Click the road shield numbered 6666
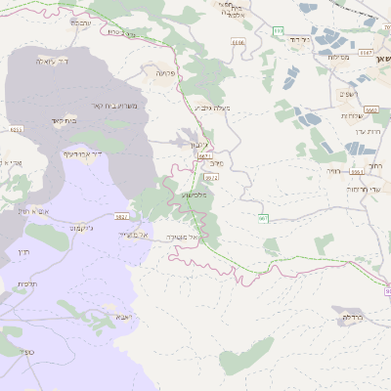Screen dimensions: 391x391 coord(238,42)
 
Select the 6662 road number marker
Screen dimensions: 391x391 coord(370,109)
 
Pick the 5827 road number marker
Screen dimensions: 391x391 coord(122,214)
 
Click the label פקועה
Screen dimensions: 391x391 coord(164,73)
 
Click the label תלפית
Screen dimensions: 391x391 coord(26,283)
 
